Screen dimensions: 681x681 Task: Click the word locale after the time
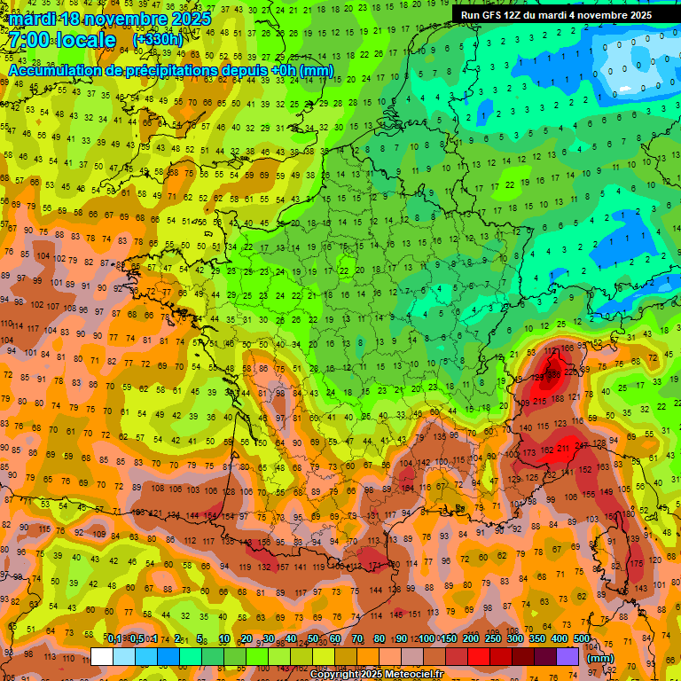pyautogui.click(x=84, y=40)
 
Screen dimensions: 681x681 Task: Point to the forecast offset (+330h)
pyautogui.click(x=157, y=40)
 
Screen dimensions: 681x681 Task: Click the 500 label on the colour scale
pyautogui.click(x=582, y=639)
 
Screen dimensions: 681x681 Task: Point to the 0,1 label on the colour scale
pyautogui.click(x=114, y=639)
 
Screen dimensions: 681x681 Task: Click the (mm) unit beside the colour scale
pyautogui.click(x=600, y=658)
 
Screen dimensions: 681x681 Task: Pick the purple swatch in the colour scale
pyautogui.click(x=567, y=656)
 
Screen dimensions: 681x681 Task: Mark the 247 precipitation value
pyautogui.click(x=583, y=445)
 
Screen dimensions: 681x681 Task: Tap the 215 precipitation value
pyautogui.click(x=540, y=401)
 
